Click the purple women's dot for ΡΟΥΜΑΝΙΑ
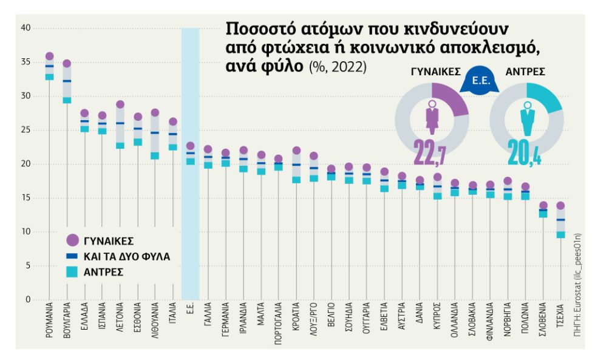[49, 56]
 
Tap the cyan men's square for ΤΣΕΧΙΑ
[560, 235]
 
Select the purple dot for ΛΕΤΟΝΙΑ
[120, 104]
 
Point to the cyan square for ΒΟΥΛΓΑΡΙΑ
[67, 100]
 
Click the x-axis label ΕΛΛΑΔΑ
[84, 316]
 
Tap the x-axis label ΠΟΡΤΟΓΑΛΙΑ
[279, 323]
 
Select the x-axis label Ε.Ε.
[191, 308]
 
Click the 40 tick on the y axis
[25, 28]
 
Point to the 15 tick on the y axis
[25, 198]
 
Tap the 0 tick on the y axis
[28, 300]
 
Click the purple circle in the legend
[72, 240]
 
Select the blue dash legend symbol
[72, 256]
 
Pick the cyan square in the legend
[72, 271]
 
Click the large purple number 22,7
[430, 153]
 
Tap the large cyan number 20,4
[524, 153]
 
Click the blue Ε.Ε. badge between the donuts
[480, 81]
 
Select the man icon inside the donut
[527, 119]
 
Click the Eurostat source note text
[577, 285]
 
